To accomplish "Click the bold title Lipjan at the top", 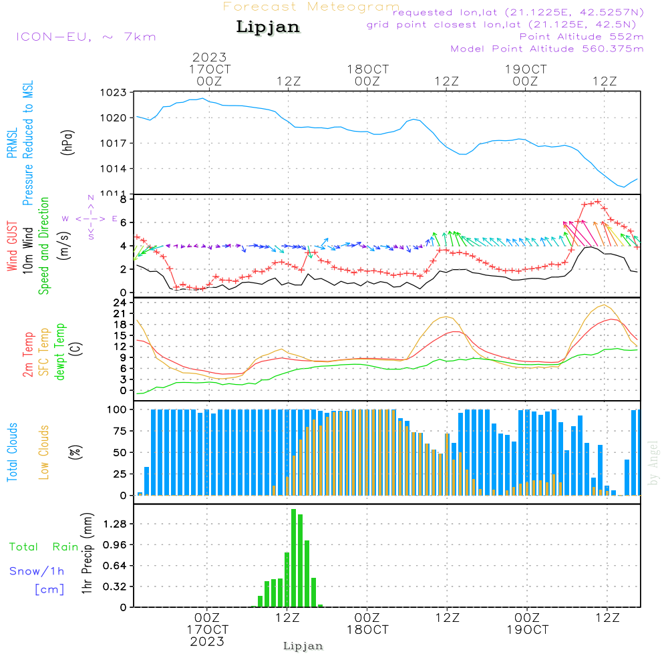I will tap(268, 27).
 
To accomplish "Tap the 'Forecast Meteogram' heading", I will tap(311, 7).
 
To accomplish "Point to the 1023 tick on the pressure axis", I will tap(113, 93).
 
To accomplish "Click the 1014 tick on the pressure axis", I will tap(113, 168).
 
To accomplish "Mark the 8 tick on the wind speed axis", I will tap(123, 199).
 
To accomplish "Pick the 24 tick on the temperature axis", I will tap(120, 303).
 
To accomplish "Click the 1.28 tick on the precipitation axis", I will tap(115, 524).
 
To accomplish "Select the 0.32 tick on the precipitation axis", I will tap(115, 587).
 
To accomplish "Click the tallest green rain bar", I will tap(293, 558).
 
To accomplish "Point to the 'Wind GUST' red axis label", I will tap(12, 247).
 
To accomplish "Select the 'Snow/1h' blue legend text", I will tap(37, 571).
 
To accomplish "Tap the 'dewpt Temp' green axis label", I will tap(60, 352).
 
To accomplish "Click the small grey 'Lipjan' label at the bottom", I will tap(303, 646).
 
